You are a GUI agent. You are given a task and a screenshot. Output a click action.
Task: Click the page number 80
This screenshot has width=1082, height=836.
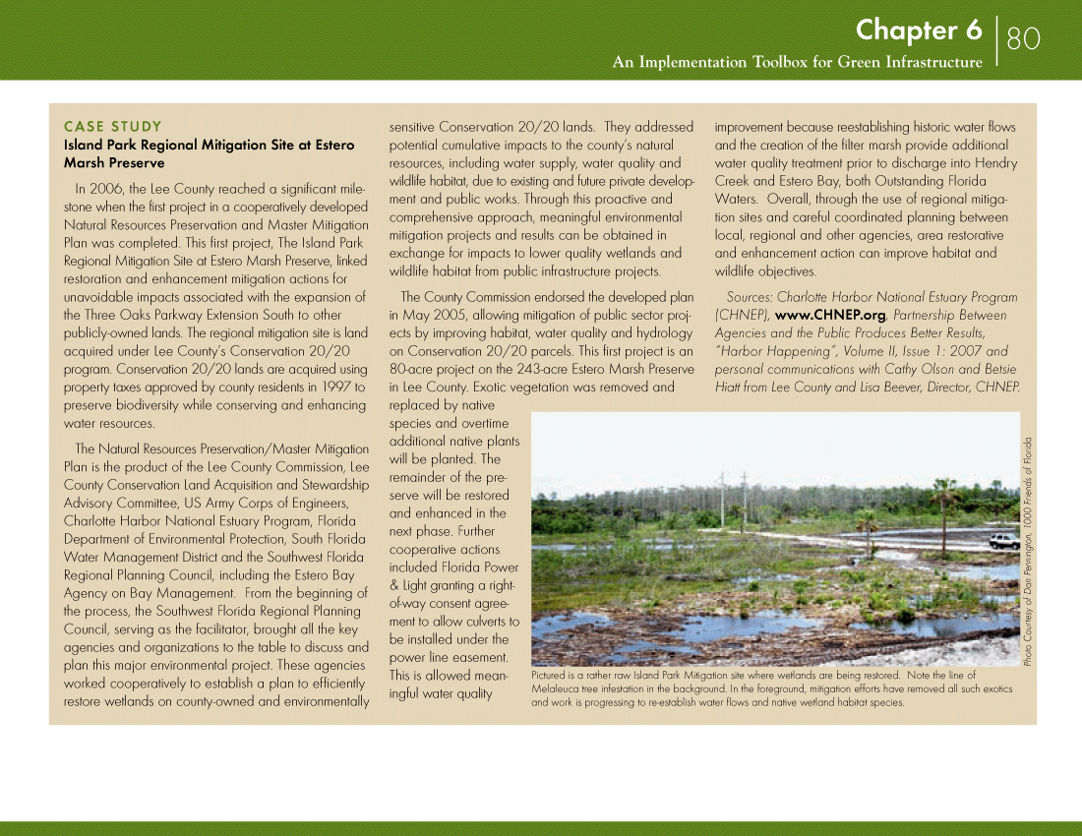tap(1023, 38)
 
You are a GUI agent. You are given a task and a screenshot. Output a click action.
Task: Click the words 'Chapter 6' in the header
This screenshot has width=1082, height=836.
tap(919, 30)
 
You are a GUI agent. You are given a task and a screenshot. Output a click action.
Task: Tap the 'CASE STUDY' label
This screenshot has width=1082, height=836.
tap(112, 126)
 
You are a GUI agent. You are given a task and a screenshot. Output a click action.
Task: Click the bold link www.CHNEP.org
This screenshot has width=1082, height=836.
tap(831, 315)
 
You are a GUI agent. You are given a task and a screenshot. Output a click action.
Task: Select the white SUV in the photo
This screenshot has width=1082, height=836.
tap(1004, 541)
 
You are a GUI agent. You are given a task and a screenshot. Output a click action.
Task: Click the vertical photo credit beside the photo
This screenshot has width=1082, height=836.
tap(1028, 551)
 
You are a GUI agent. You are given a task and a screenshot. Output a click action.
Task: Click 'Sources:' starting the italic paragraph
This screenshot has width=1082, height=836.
tap(749, 297)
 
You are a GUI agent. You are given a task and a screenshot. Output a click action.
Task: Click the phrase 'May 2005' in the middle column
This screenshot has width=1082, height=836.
tap(429, 315)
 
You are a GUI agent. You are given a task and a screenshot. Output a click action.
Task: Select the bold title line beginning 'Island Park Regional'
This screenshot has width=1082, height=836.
tap(209, 145)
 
